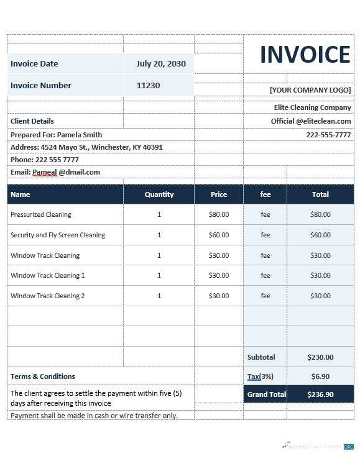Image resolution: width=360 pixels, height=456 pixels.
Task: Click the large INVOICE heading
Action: coord(305,55)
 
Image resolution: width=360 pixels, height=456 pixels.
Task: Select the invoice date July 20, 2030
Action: coord(160,64)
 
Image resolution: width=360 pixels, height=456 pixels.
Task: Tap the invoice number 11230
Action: coord(148,86)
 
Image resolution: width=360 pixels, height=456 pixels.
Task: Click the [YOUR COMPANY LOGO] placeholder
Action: coord(310,90)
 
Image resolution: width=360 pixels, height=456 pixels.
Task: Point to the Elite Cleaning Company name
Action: coord(312,107)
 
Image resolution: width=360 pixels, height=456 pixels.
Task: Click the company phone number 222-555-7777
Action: coord(328,135)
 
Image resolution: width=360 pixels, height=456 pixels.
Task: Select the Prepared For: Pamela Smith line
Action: coord(56,135)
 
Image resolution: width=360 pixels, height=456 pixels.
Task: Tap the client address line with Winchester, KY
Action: coord(86,147)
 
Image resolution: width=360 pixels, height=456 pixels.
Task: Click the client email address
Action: coord(55,172)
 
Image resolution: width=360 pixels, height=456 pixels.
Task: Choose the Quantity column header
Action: coord(159,194)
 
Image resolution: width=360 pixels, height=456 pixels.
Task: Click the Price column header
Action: coord(219,194)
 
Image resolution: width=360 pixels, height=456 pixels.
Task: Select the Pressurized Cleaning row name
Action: coord(41,214)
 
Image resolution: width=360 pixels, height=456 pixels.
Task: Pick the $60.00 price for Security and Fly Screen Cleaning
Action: coord(219,235)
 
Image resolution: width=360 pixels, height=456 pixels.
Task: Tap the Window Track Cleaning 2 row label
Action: coord(48,296)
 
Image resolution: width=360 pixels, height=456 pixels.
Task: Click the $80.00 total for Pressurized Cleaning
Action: coord(320,214)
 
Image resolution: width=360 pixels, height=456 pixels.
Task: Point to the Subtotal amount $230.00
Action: coord(320,357)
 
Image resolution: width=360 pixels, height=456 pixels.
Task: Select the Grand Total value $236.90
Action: coord(320,394)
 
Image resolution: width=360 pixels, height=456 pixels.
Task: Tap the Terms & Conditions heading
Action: coord(43,376)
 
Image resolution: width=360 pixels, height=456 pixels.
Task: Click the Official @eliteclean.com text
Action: coord(311,121)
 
